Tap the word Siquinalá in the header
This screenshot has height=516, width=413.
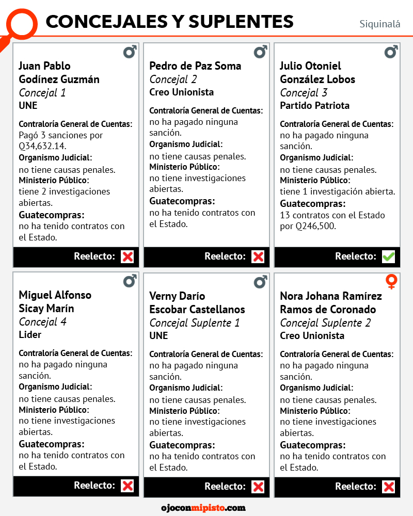click(379, 24)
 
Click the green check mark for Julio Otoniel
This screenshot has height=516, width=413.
click(388, 256)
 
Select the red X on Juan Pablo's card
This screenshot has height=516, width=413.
click(127, 256)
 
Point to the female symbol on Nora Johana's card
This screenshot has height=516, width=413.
click(391, 282)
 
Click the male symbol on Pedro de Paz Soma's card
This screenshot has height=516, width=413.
click(260, 52)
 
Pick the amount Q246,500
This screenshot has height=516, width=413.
click(315, 226)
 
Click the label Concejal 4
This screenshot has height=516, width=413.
click(42, 322)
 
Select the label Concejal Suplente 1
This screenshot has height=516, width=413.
click(195, 323)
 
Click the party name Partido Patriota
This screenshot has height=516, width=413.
click(314, 106)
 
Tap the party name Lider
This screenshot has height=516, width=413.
click(30, 335)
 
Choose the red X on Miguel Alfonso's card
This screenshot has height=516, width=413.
click(127, 486)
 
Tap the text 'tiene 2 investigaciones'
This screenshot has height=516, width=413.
click(65, 191)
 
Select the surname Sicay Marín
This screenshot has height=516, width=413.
click(46, 309)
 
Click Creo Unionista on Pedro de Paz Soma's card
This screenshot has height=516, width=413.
click(181, 92)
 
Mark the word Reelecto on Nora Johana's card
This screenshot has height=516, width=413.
click(356, 486)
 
